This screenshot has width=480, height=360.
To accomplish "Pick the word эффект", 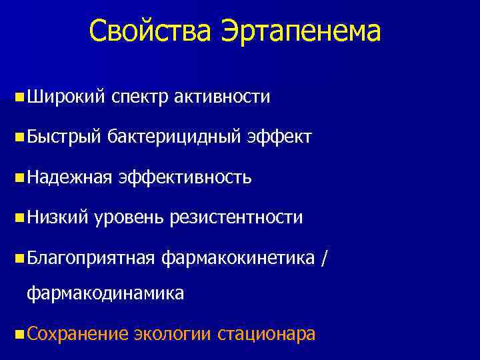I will [x=279, y=137].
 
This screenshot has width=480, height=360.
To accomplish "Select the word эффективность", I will [x=185, y=177].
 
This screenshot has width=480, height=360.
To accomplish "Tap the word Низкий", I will [x=57, y=217].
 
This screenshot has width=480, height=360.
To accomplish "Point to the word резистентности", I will [x=237, y=217].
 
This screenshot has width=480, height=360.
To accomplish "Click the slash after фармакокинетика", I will [x=324, y=257].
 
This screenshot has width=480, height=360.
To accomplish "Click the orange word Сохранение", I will [x=77, y=333].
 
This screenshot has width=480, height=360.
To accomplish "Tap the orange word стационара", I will [x=266, y=333].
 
